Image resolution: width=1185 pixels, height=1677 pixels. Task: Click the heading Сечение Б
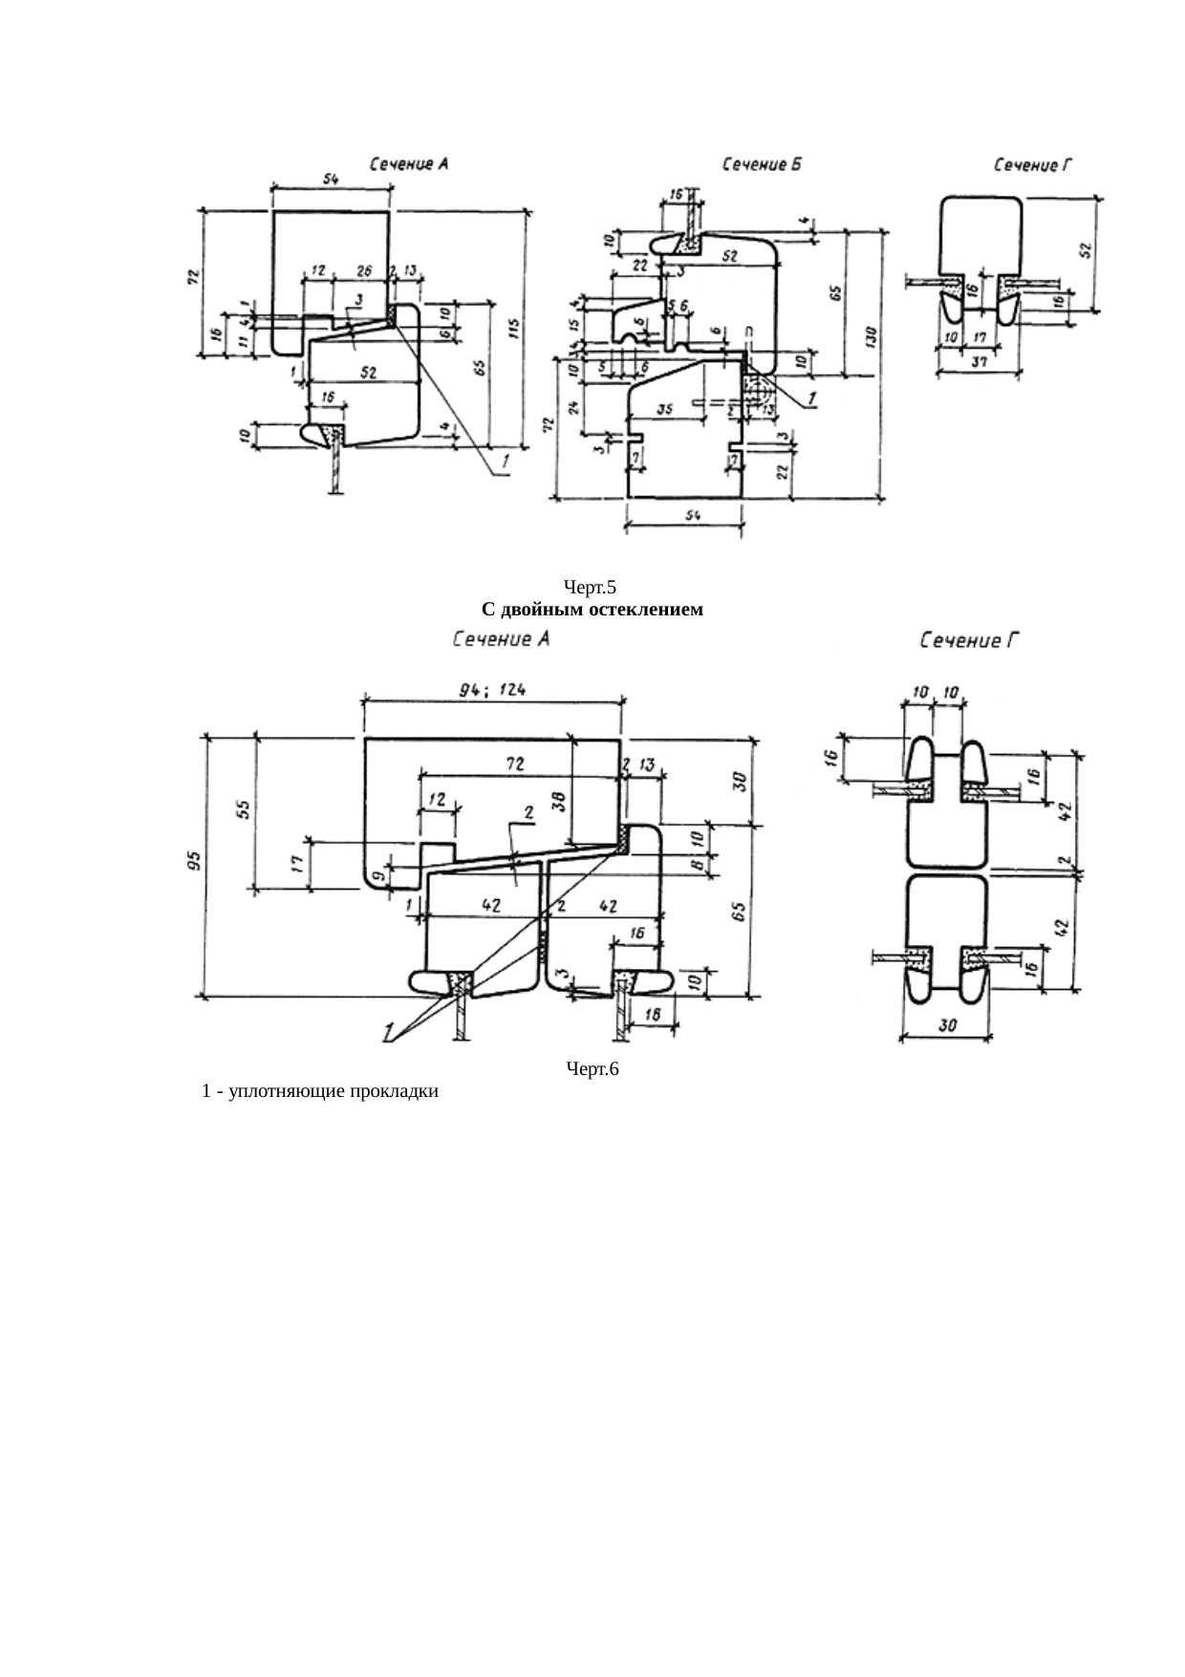click(x=761, y=164)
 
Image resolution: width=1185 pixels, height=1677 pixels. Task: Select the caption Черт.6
click(x=592, y=1069)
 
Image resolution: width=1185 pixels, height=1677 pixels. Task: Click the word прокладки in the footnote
click(x=395, y=1091)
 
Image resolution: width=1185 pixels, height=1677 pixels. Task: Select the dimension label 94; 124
click(x=493, y=690)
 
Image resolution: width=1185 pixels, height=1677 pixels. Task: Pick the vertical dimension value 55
click(x=245, y=809)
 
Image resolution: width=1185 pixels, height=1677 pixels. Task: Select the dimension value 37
click(x=980, y=362)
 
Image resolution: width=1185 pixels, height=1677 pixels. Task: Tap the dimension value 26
click(x=363, y=270)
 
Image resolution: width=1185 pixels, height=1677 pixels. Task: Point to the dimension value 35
click(x=665, y=409)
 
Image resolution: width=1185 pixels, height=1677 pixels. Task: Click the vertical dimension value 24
click(x=572, y=407)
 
